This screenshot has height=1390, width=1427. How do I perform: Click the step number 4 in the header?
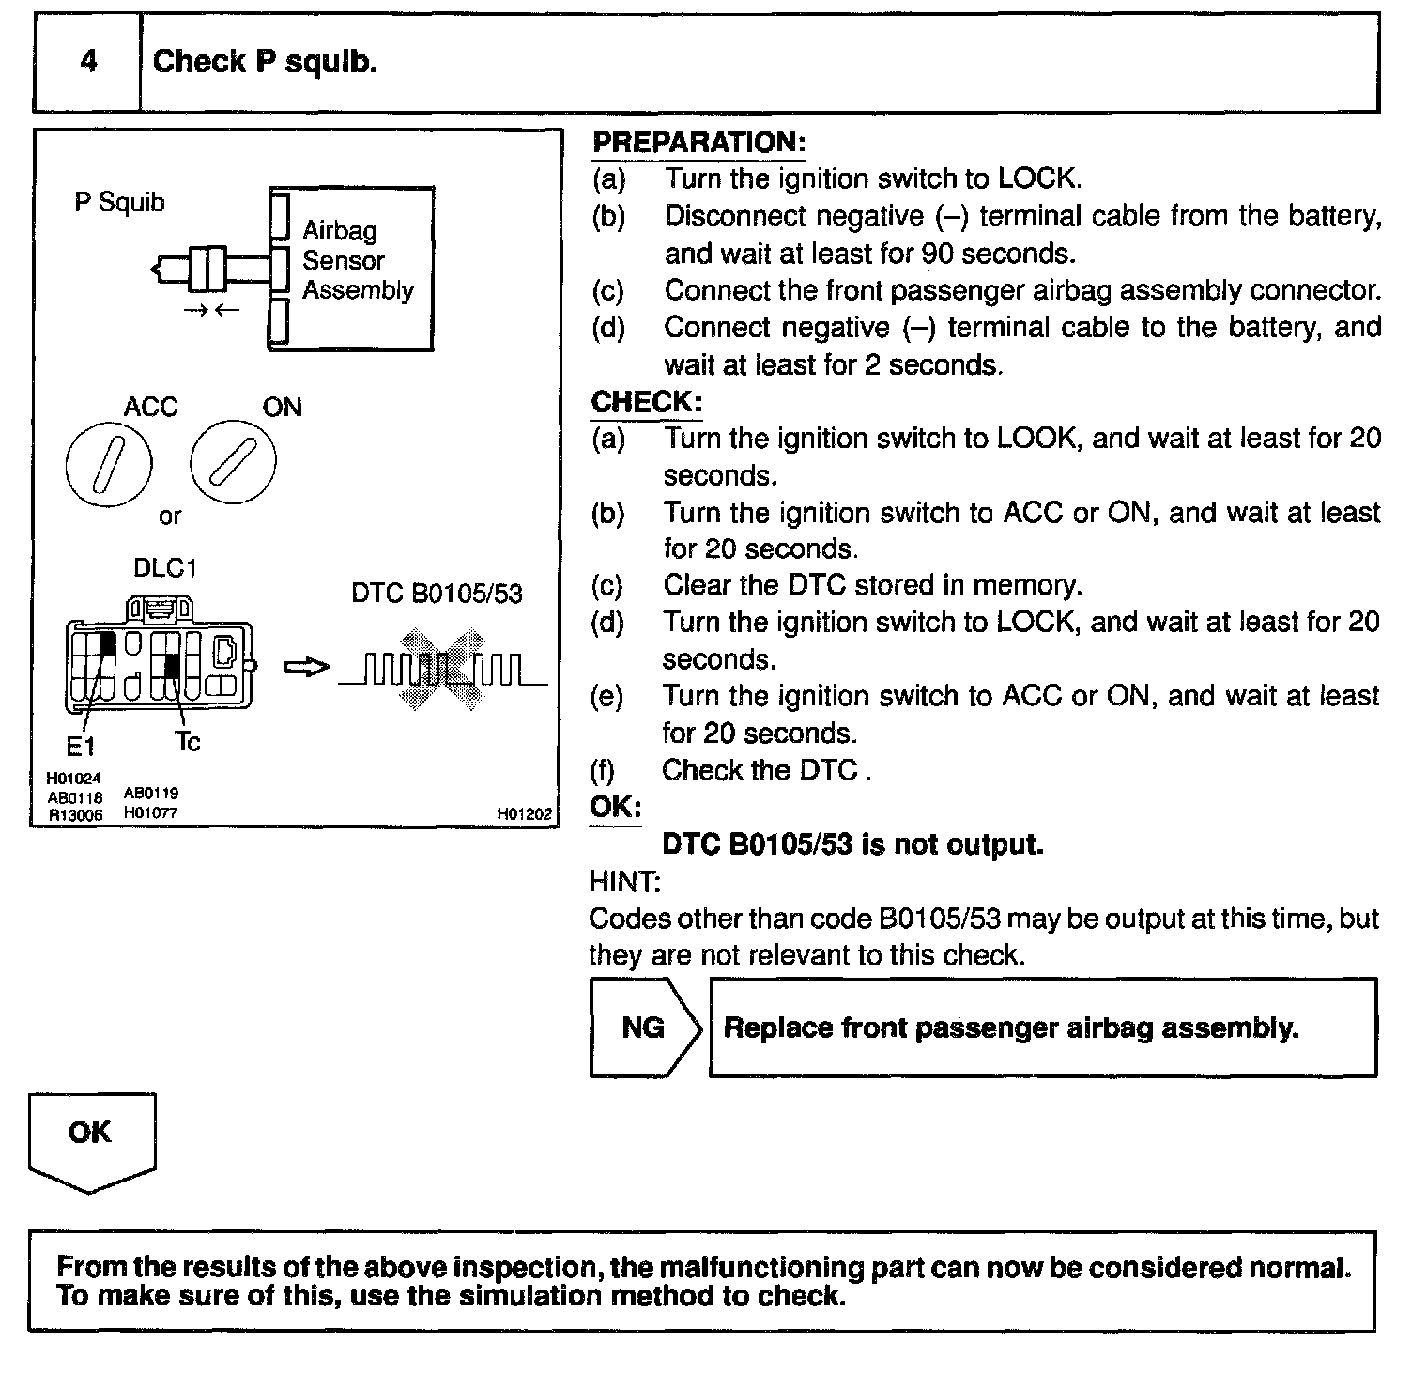coord(88,62)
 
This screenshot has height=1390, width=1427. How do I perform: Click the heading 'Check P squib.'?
coord(265,62)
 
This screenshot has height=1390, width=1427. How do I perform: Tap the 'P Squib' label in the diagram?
coord(119,202)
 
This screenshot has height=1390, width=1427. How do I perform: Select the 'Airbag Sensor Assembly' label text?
coord(357,260)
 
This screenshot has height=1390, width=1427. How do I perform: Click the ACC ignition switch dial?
coord(109,465)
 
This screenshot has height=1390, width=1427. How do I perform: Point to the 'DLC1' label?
coord(164,569)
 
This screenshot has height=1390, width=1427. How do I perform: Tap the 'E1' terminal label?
coord(80,747)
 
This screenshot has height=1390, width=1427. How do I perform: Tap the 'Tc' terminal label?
coord(188,742)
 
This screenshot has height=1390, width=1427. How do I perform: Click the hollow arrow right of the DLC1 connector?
coord(306,667)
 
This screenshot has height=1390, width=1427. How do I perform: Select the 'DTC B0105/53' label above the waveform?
coord(437,594)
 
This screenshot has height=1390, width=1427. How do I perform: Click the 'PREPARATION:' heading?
coord(698,143)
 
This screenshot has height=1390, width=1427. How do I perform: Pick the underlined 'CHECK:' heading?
coord(646,402)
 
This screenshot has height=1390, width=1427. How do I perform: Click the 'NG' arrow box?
coord(644,1027)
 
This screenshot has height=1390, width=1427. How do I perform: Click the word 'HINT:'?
coord(624,882)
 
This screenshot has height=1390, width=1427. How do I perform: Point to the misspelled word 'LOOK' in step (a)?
coord(1036,439)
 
